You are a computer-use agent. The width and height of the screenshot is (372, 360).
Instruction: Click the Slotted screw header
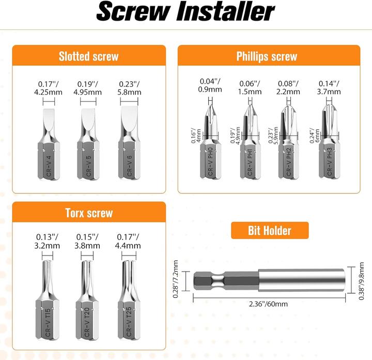(x=88, y=56)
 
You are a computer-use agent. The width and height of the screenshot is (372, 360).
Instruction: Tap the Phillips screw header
(x=267, y=56)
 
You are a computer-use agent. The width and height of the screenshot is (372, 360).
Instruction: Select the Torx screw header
(x=88, y=213)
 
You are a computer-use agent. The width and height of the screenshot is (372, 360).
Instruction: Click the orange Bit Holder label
(x=269, y=231)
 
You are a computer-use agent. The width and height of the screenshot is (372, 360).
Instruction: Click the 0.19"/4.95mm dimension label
(x=88, y=88)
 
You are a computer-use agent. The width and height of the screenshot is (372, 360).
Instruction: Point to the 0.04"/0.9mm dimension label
(x=211, y=85)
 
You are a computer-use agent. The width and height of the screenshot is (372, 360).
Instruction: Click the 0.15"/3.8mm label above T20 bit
(x=88, y=242)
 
